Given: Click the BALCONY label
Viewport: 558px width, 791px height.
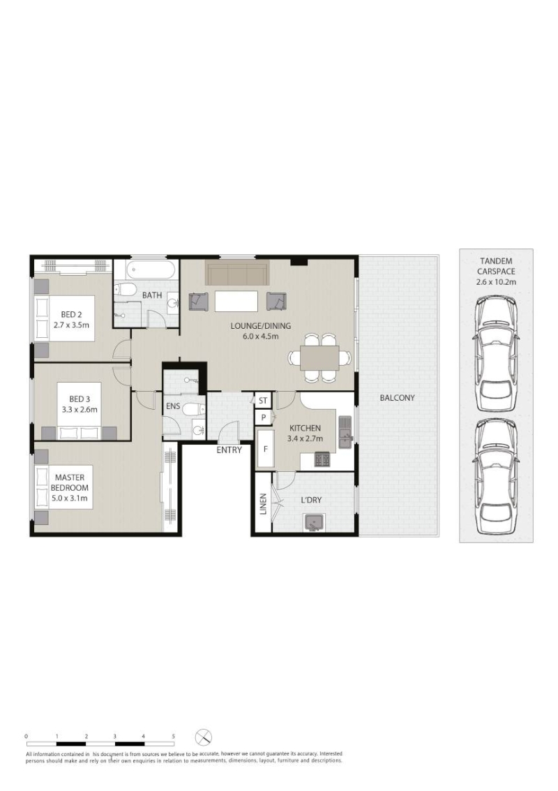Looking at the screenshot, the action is click(x=397, y=397).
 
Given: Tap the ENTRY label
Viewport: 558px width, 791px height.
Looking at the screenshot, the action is click(x=229, y=450).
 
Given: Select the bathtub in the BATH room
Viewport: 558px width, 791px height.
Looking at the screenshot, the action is click(x=152, y=269).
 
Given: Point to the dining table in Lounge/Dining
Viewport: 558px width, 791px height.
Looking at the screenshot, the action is click(x=319, y=358).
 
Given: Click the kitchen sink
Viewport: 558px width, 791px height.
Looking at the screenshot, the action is click(x=345, y=432).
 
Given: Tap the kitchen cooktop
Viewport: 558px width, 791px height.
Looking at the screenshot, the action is click(x=322, y=459).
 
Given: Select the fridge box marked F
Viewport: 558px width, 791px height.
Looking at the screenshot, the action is click(x=266, y=448).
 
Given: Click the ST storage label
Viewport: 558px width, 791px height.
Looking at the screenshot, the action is click(x=263, y=401).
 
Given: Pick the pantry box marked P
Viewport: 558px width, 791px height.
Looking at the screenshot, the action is click(x=263, y=417).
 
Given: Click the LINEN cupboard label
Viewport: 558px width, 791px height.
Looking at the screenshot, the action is click(x=263, y=504).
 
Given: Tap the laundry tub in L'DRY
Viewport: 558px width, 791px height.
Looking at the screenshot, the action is click(x=314, y=523).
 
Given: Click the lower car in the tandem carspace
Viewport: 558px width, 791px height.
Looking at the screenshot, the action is click(x=497, y=477).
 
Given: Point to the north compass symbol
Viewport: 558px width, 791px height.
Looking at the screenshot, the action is click(x=204, y=737).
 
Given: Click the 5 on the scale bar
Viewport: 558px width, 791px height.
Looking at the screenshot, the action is click(x=174, y=737).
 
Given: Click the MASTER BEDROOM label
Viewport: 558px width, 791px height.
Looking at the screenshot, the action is click(x=70, y=482).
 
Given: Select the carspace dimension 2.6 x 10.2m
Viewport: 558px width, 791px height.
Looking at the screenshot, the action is click(x=496, y=282).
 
